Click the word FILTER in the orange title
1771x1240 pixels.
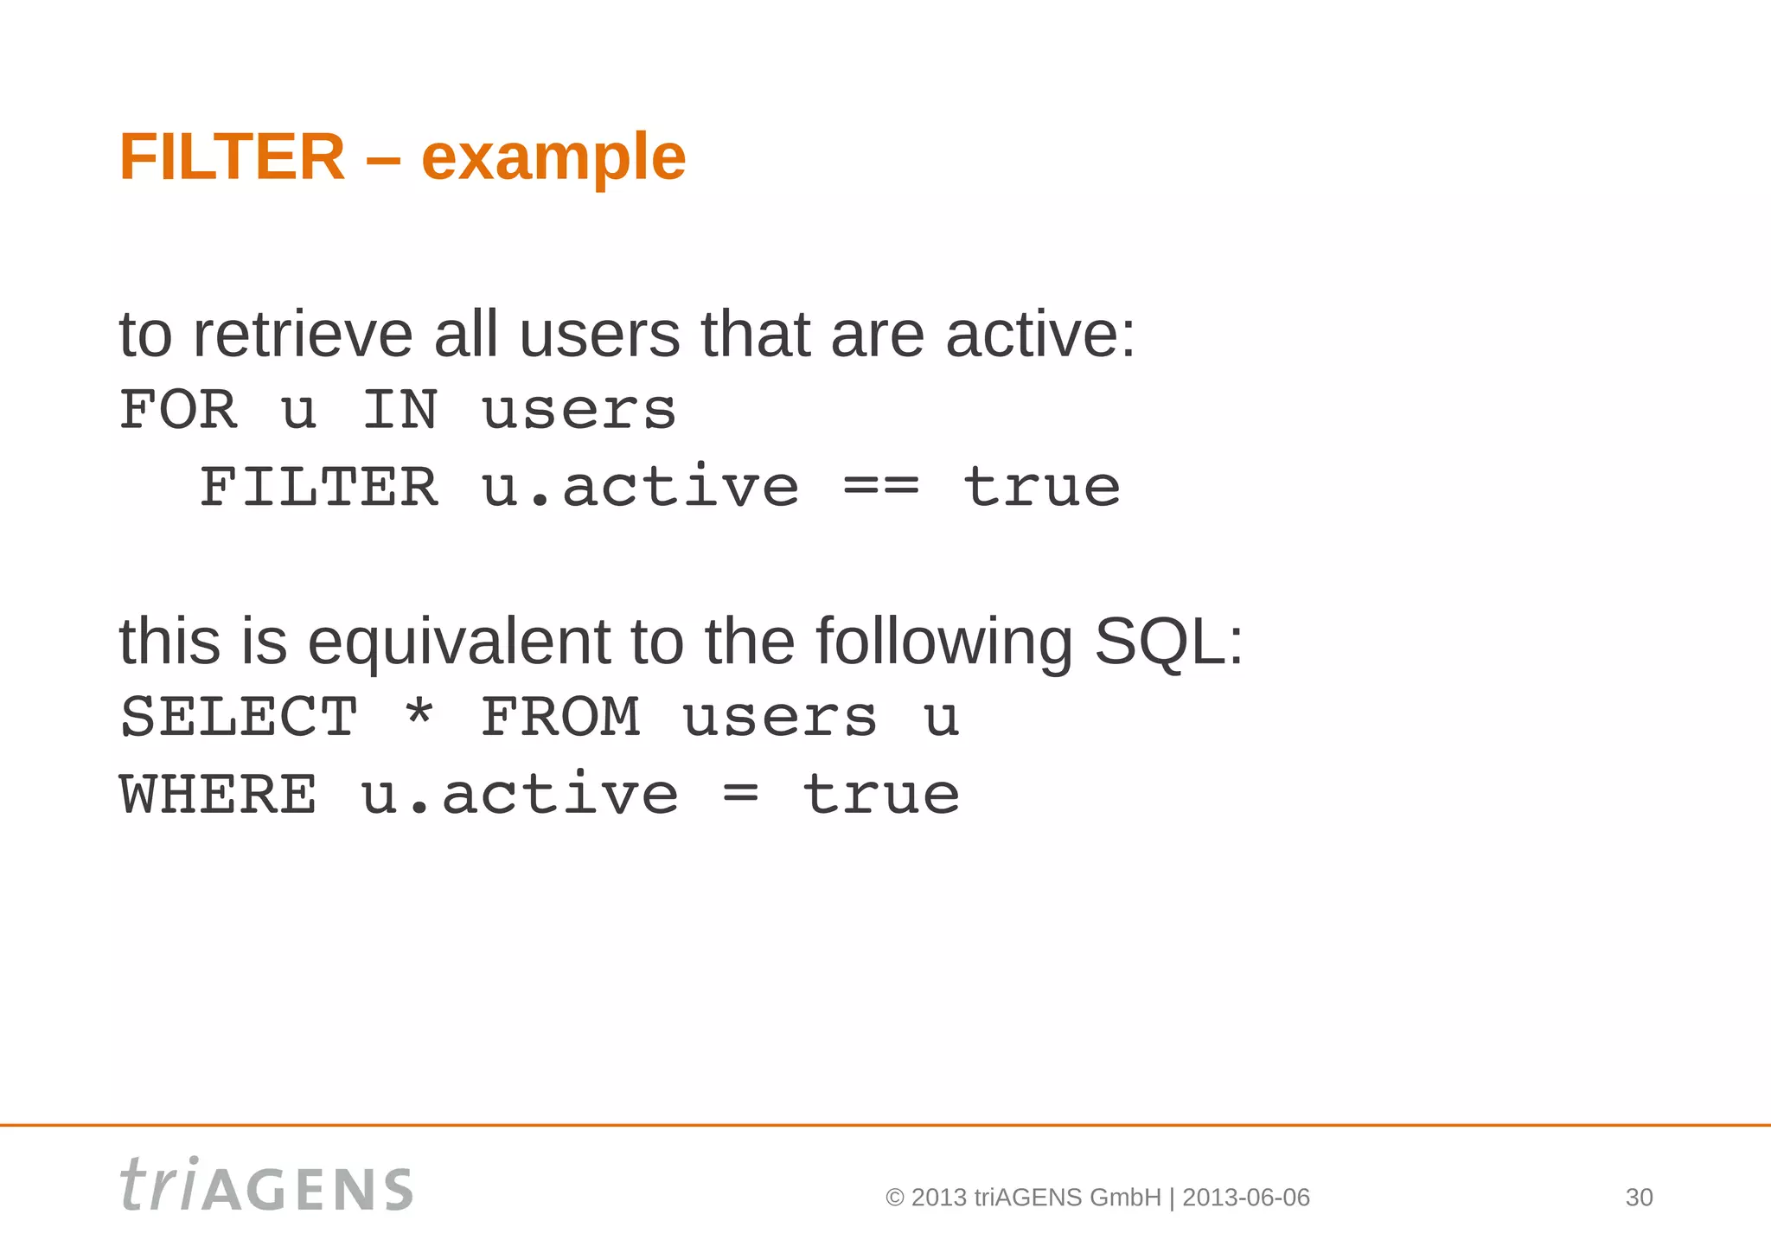tap(232, 157)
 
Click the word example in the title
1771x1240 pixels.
tap(553, 159)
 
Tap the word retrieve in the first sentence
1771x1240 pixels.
tap(303, 336)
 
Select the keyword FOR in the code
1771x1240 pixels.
tap(178, 410)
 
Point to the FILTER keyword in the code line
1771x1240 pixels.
tap(319, 487)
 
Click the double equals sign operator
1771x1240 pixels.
tap(881, 488)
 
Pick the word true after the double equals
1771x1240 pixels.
tap(1042, 487)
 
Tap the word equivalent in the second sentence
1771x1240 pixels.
tap(459, 642)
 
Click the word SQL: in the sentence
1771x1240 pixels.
tap(1168, 642)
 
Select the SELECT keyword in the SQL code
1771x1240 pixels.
tap(239, 718)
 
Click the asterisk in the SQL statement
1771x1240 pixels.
tap(419, 714)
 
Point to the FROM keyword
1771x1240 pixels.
tap(560, 718)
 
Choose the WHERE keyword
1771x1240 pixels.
tap(218, 795)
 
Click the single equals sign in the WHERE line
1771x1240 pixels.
tap(740, 795)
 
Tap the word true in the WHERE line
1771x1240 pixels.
tap(881, 795)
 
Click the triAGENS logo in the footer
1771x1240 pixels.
tap(266, 1185)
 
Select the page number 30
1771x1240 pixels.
tap(1639, 1198)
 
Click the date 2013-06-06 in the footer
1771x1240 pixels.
tap(1245, 1198)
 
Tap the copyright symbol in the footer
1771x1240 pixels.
tap(895, 1198)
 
